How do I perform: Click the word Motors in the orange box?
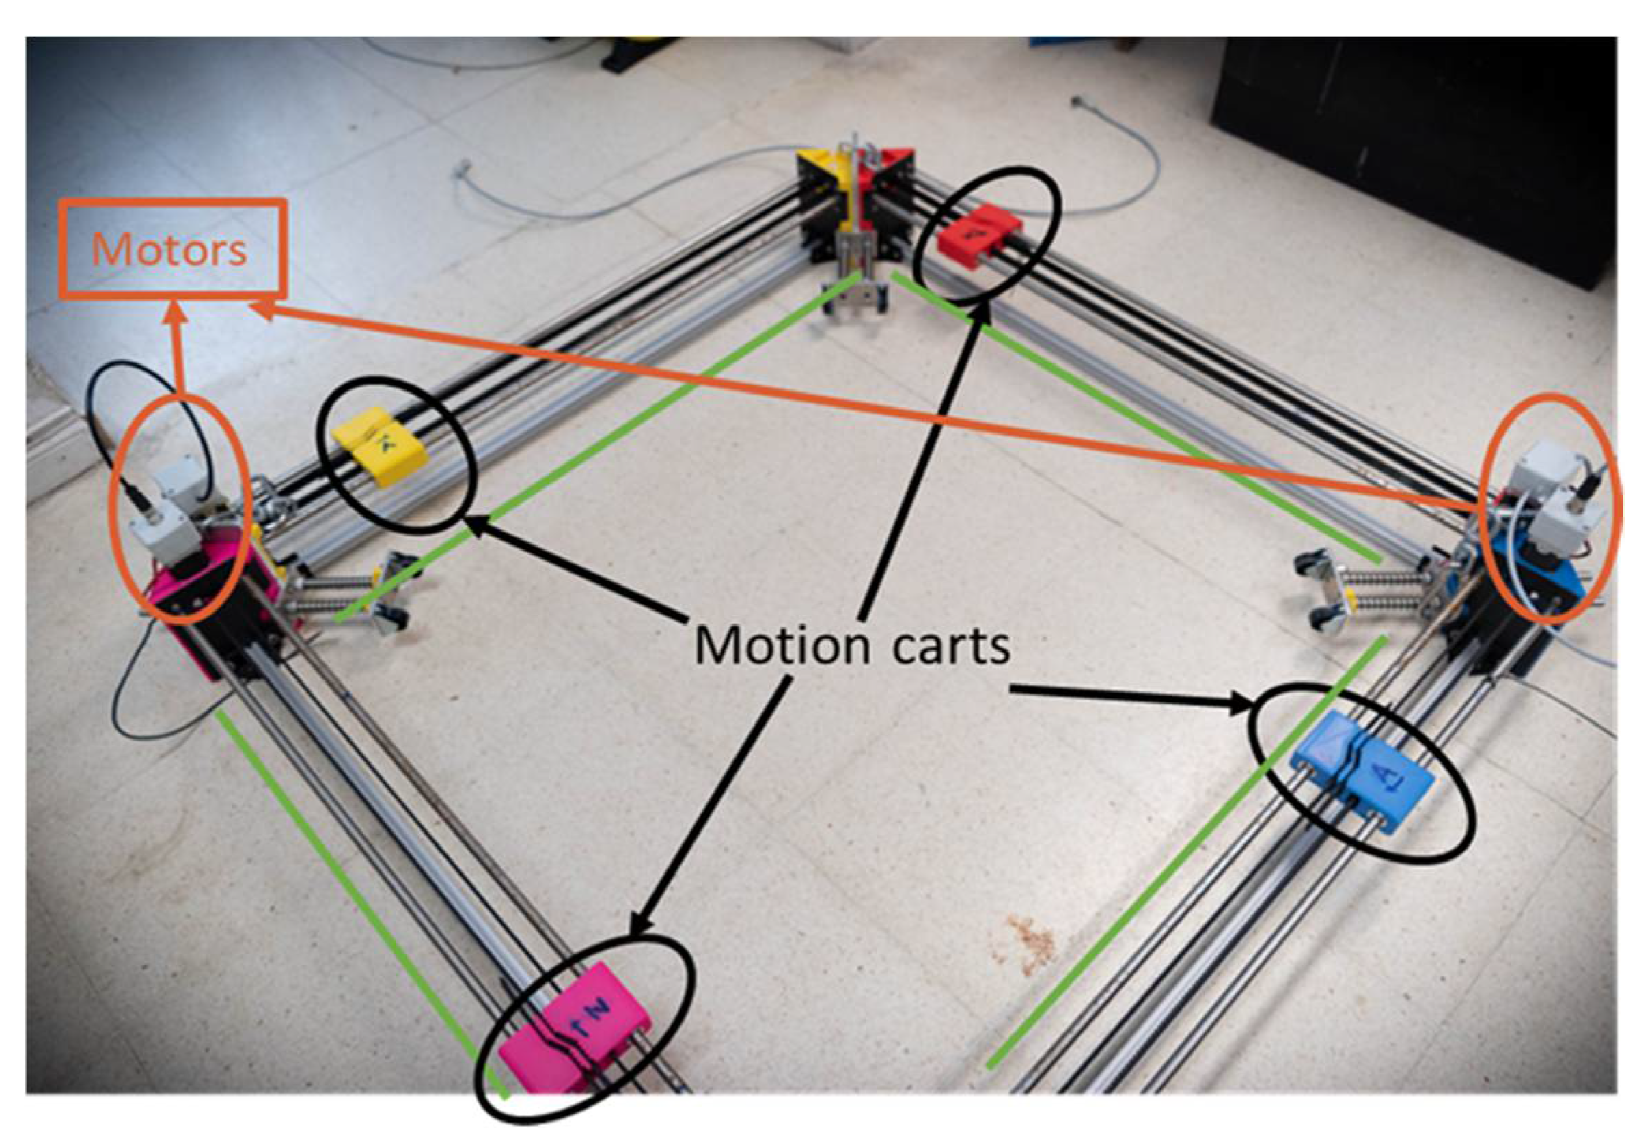(169, 249)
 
